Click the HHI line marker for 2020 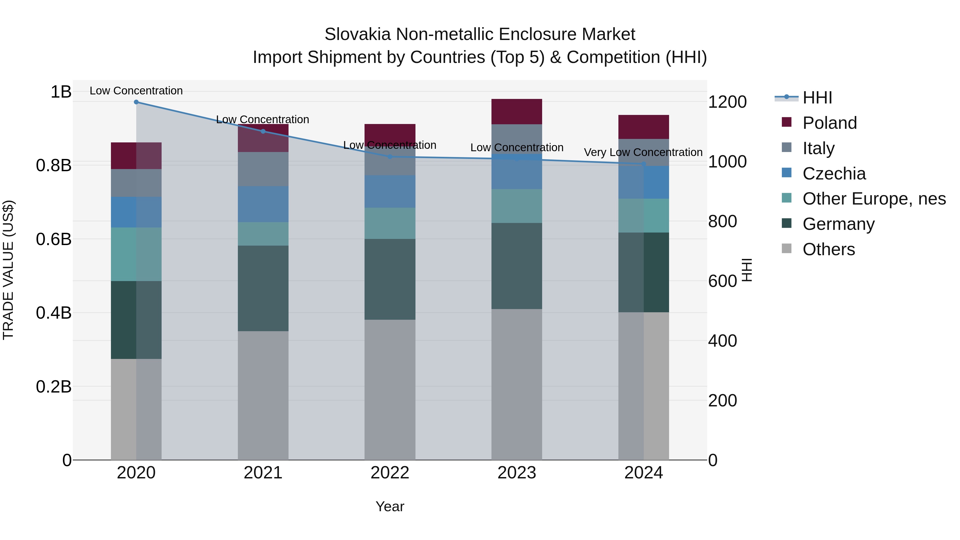[x=136, y=102]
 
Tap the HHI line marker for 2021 [x=263, y=131]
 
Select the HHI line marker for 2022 [x=390, y=157]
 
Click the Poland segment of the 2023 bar [x=517, y=111]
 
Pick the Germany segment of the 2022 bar [x=390, y=279]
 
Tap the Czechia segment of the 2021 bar [x=263, y=204]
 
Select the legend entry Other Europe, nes [x=874, y=199]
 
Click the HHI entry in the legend [x=817, y=98]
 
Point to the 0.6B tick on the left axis [x=54, y=239]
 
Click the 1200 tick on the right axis [x=727, y=102]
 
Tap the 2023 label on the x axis [x=517, y=473]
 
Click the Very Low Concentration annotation [x=643, y=153]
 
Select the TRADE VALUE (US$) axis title [x=8, y=270]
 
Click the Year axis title [x=390, y=506]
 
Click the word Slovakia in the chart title [x=357, y=34]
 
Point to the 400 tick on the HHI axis [x=722, y=341]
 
